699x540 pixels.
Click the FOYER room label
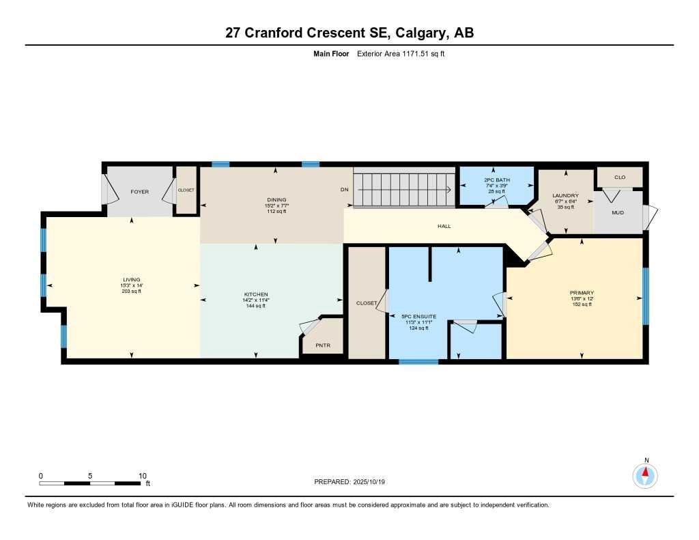tap(139, 192)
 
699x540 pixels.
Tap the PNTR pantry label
tap(323, 345)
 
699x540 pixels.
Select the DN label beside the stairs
tap(345, 190)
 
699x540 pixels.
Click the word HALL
tap(444, 227)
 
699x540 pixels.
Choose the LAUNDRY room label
tap(565, 195)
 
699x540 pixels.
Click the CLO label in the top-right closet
tap(620, 177)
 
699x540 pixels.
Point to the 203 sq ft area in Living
tap(131, 292)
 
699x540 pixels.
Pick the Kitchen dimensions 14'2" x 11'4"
tap(255, 300)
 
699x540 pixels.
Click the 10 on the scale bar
tap(142, 476)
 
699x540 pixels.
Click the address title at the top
tap(349, 33)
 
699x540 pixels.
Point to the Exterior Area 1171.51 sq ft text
tap(401, 53)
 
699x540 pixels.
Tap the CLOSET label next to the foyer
tap(186, 190)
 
